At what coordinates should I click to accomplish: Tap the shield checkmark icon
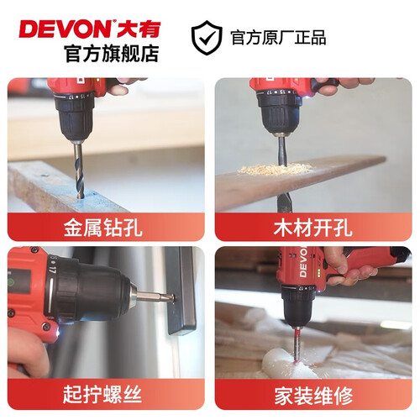coord(207,38)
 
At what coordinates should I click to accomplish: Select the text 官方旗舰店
coord(112,53)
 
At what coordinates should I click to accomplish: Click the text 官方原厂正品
coord(278,38)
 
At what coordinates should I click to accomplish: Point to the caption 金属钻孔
coord(103,228)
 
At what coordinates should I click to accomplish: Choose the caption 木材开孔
coord(313,228)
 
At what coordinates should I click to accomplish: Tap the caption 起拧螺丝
coord(102,394)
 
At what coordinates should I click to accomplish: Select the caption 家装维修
coord(313,396)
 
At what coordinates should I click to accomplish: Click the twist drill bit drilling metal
coord(78,170)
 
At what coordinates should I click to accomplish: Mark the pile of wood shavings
coord(275,169)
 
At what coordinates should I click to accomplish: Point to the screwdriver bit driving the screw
coord(154,297)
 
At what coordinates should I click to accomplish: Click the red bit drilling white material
coord(298,345)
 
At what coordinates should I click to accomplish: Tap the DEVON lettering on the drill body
coord(303,262)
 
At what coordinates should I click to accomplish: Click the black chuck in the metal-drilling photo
coord(74,117)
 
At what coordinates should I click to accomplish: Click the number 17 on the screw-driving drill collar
coord(52,270)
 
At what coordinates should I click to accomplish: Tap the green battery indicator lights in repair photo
coord(318,272)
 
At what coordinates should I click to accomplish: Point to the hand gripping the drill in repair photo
coord(350,266)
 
